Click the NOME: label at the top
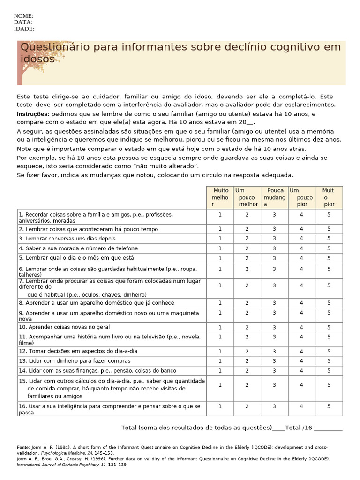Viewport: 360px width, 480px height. tap(23, 16)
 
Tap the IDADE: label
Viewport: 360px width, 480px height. tap(24, 29)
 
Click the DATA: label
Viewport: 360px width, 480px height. tap(23, 22)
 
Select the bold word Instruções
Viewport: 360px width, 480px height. tap(33, 114)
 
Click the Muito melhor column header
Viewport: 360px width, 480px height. tap(220, 197)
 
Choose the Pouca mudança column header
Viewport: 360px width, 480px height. tap(274, 197)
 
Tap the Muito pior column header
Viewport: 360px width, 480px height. tap(329, 197)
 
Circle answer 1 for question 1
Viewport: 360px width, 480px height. tap(220, 215)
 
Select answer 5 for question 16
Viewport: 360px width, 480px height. tap(329, 406)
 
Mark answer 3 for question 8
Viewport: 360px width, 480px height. tap(274, 303)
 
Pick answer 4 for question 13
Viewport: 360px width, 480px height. tap(301, 361)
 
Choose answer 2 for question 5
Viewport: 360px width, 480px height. tap(247, 258)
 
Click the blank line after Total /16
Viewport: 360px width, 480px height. tap(328, 428)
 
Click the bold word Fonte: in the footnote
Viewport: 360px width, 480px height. tap(23, 448)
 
